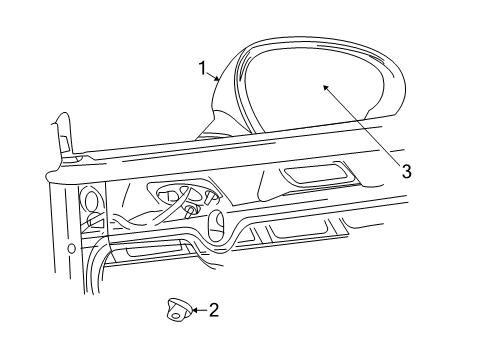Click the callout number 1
point(203,69)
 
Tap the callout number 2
point(213,310)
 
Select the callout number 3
point(406,170)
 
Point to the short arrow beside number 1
point(215,77)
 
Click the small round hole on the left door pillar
point(71,248)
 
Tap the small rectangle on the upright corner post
point(64,146)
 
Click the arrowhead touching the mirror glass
point(325,88)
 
